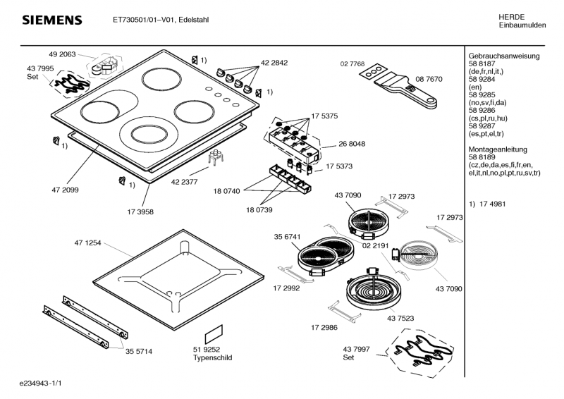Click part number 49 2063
click(x=62, y=54)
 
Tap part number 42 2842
click(x=274, y=63)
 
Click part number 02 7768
click(x=352, y=64)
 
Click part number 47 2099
click(x=65, y=190)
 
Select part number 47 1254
click(x=88, y=243)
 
